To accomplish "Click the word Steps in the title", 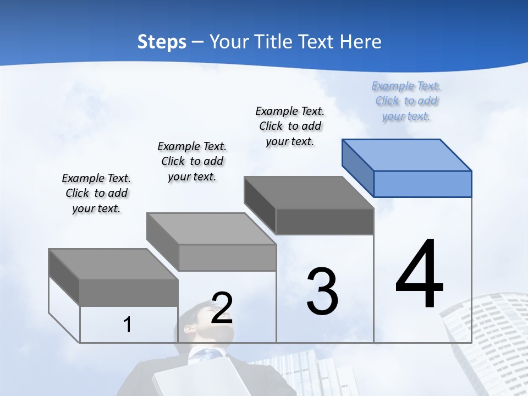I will [x=162, y=42].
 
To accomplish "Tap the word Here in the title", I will [x=361, y=42].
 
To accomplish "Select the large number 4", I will [x=419, y=275].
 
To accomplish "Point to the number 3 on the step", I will [x=322, y=291].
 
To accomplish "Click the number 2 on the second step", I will [x=222, y=308].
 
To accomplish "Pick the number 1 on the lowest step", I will [x=128, y=325].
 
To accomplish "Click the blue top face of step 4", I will [x=407, y=155].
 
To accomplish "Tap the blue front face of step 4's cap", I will [x=422, y=184].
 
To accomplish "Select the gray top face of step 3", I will [x=308, y=193].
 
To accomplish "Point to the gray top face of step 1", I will [x=113, y=264].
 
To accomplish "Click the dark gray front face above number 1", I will [x=129, y=293].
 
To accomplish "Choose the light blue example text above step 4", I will [x=406, y=101].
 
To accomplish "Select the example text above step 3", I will [x=290, y=126].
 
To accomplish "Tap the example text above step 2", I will [x=192, y=161].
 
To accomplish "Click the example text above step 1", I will [x=96, y=193].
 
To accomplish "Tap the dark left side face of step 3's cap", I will [x=260, y=205].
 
